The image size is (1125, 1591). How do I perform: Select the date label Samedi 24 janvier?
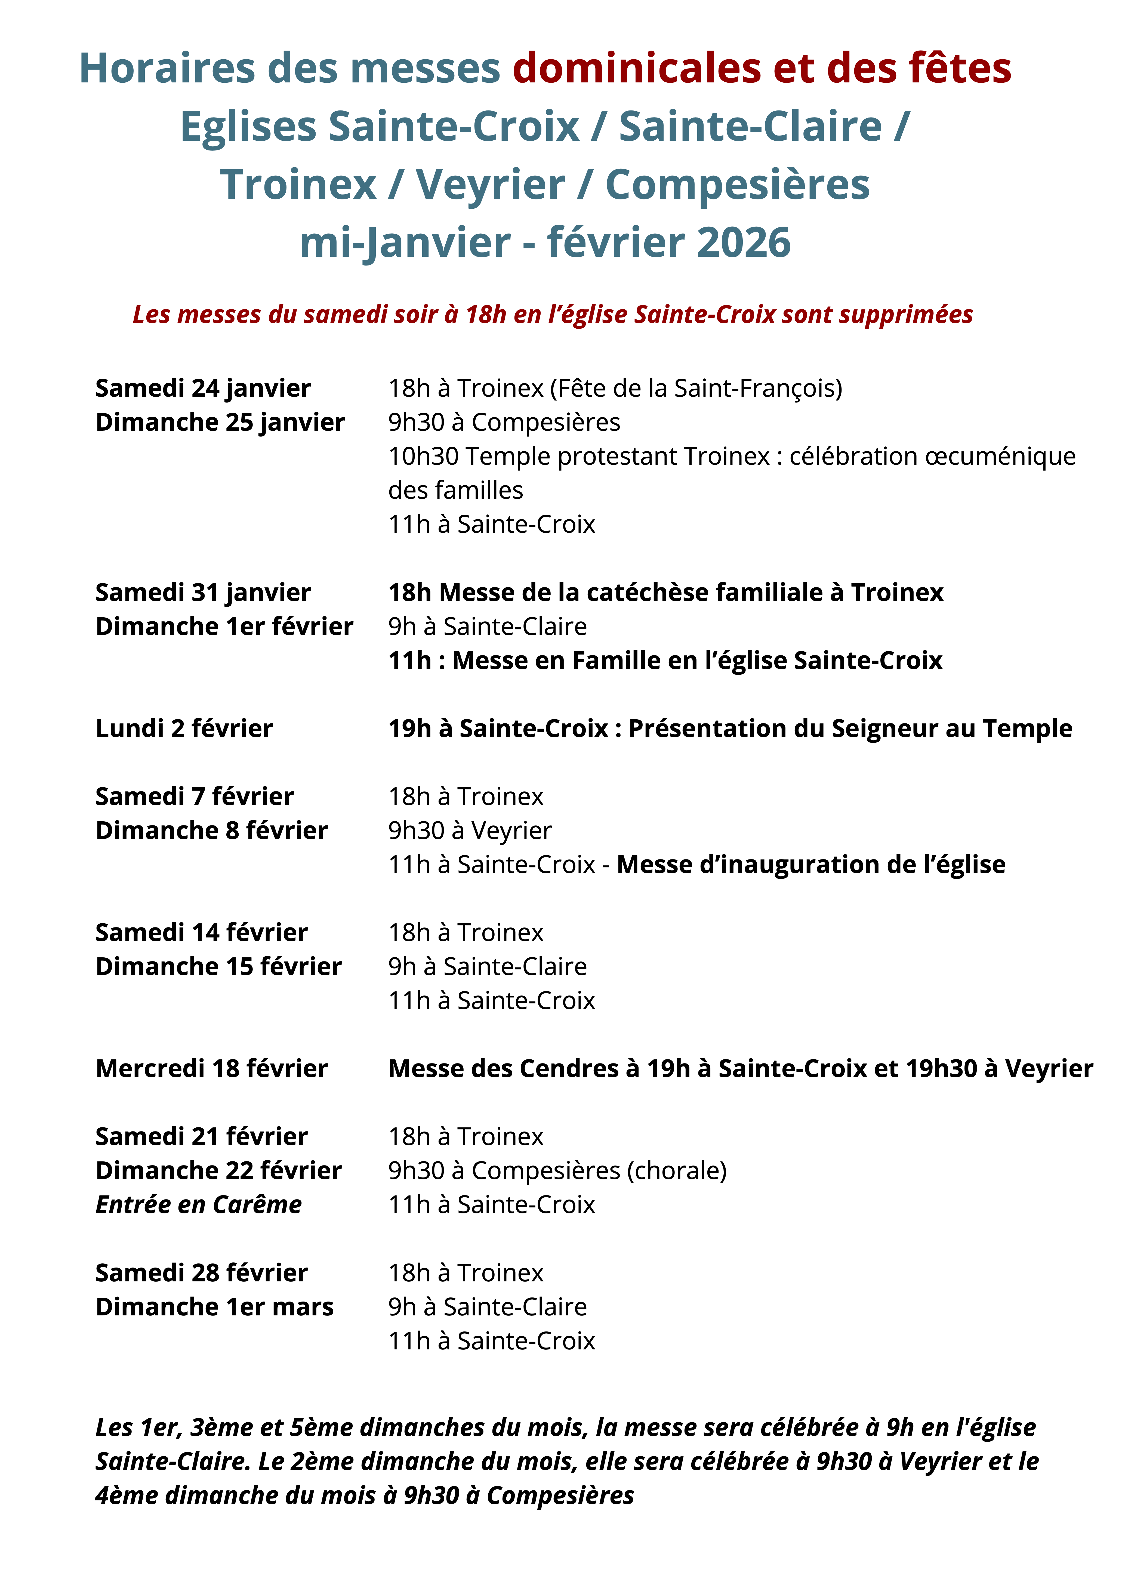tap(203, 388)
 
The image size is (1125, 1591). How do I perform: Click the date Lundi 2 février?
tap(184, 728)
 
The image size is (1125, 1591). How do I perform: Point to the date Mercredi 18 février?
tap(211, 1069)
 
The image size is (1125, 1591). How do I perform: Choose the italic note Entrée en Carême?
tap(198, 1205)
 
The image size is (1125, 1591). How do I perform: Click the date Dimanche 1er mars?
tap(214, 1307)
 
